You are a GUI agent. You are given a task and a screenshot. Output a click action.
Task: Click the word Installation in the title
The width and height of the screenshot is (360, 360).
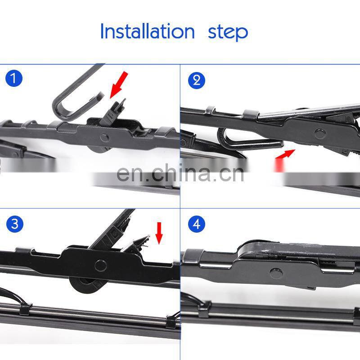pyautogui.click(x=148, y=31)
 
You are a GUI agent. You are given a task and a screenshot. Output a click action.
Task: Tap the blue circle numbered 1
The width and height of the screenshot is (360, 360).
pyautogui.click(x=14, y=78)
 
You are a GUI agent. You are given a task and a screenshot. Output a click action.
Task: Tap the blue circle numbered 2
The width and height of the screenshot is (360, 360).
pyautogui.click(x=196, y=81)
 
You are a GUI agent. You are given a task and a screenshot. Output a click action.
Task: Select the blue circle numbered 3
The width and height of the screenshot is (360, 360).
pyautogui.click(x=15, y=224)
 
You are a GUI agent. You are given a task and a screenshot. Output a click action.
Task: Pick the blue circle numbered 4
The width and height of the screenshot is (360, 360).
pyautogui.click(x=196, y=224)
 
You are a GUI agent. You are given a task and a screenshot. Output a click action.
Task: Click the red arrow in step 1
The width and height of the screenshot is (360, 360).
pyautogui.click(x=119, y=85)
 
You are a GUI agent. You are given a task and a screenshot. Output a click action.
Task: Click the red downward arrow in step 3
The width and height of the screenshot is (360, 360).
pyautogui.click(x=159, y=233)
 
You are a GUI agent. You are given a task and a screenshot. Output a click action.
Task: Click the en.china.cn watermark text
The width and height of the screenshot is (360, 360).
pyautogui.click(x=180, y=173)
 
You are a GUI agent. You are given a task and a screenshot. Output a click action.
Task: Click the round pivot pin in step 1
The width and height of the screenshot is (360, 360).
pyautogui.click(x=105, y=138)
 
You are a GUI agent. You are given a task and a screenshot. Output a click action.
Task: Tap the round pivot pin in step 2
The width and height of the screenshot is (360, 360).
pyautogui.click(x=320, y=134)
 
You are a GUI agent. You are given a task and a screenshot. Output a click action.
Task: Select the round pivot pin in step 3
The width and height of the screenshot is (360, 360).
pyautogui.click(x=100, y=265)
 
